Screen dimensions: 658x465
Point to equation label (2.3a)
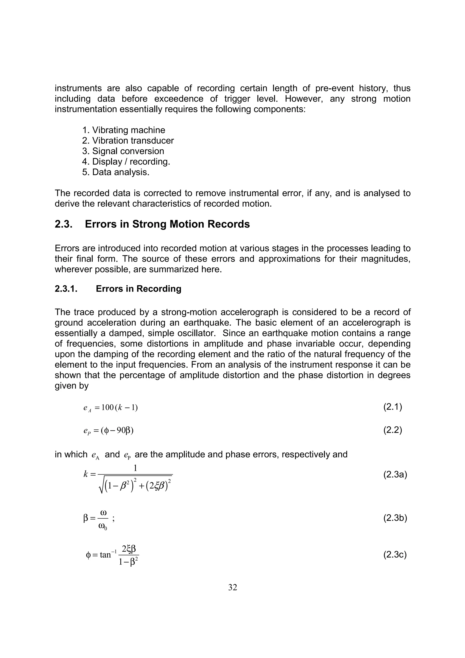click(x=395, y=475)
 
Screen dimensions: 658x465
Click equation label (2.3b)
click(x=395, y=518)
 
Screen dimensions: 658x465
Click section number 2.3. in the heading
click(x=63, y=224)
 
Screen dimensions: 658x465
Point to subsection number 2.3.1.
click(x=66, y=289)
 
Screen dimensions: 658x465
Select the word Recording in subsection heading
click(x=159, y=289)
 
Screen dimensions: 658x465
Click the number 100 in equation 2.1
click(x=108, y=408)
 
